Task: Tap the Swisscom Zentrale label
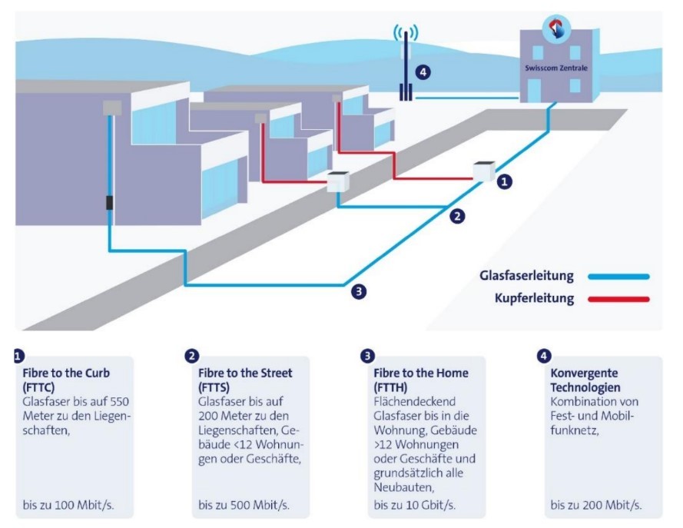(x=555, y=68)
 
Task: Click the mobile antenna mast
(x=406, y=66)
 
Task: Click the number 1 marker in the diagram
(x=503, y=182)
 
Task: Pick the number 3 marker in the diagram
(x=358, y=291)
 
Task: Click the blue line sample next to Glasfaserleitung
(x=618, y=276)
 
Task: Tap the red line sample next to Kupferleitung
(x=618, y=299)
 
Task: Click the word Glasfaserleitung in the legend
(x=526, y=275)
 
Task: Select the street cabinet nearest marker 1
(x=483, y=171)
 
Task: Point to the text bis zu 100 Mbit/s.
(x=68, y=505)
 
